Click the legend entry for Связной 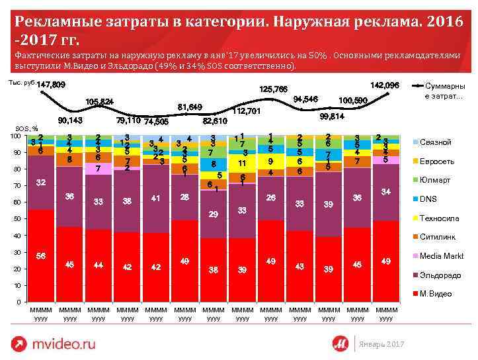(434, 142)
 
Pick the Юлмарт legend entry (434, 180)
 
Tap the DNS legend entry (428, 199)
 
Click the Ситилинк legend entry (436, 237)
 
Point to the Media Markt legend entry (441, 255)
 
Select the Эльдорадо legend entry (438, 275)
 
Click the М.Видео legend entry (436, 293)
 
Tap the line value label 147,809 (51, 85)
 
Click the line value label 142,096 (385, 86)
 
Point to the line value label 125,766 (273, 89)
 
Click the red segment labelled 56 (41, 256)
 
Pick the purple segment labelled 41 (156, 198)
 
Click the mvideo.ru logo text (63, 343)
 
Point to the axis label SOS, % (27, 128)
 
